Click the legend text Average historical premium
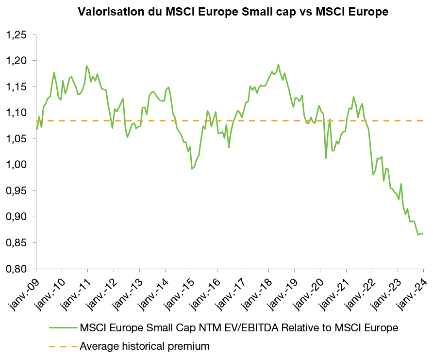click(144, 346)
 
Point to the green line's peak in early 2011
click(87, 66)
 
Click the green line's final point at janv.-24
click(423, 234)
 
